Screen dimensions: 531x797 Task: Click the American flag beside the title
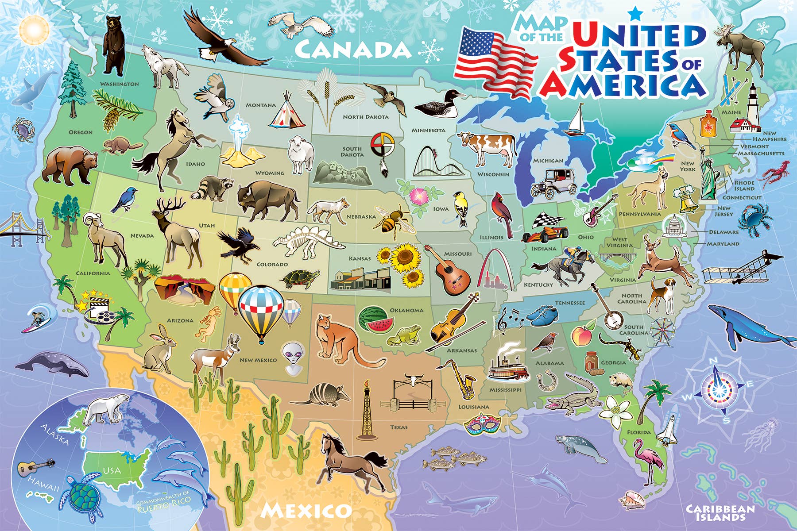click(494, 60)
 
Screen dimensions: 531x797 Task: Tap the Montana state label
click(261, 105)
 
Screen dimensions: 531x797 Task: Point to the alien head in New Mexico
click(292, 356)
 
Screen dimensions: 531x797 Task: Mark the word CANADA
click(352, 50)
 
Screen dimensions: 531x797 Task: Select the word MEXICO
click(306, 511)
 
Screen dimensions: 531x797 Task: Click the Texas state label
click(399, 427)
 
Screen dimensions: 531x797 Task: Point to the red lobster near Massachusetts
click(774, 173)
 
